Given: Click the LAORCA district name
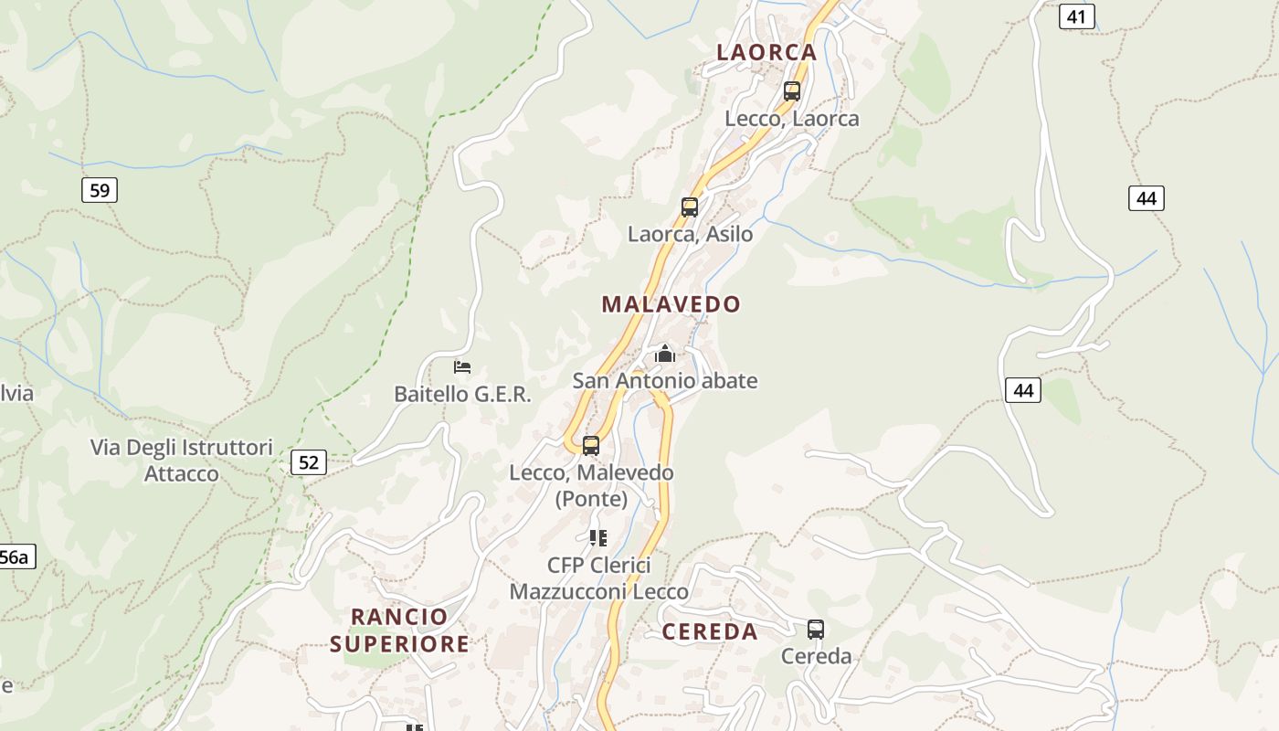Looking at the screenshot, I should pos(766,52).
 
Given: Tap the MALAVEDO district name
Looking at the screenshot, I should pos(671,304).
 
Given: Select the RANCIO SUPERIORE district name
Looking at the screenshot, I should pos(400,630).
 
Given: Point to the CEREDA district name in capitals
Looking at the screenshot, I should pos(710,631).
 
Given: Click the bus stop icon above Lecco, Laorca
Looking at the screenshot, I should pos(792,91).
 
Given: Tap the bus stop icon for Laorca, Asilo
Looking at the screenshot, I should pos(690,207).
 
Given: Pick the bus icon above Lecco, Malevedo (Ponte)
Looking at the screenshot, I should pos(591,446).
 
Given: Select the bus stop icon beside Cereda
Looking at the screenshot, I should pos(816,630).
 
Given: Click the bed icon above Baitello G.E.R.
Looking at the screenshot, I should pos(462,367).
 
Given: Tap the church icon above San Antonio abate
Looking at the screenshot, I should pos(665,354).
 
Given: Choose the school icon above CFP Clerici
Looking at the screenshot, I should pos(598,538).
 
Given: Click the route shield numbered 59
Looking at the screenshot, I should pos(100,190).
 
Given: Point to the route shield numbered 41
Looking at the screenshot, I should pos(1077,16).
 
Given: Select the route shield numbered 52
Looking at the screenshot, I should pos(309,462).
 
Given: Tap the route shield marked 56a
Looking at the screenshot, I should pos(15,557).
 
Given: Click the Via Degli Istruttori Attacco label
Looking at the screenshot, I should pos(182,461).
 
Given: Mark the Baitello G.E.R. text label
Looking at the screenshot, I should pos(462,394).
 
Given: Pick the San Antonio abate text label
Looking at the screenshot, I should pos(665,380).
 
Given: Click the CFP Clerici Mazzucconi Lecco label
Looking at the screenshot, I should pos(598,578).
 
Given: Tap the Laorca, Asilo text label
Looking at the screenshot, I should pos(690,234).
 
